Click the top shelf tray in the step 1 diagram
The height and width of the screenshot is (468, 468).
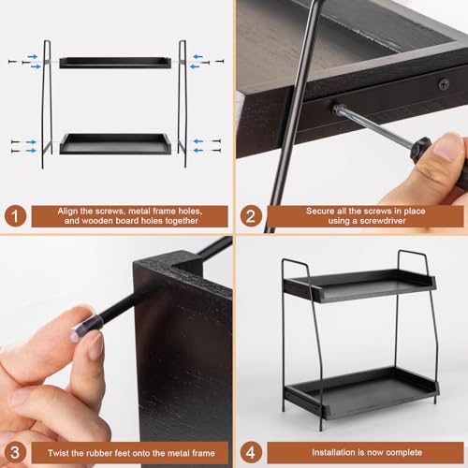(115, 63)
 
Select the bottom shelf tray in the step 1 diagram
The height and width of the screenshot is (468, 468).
(115, 144)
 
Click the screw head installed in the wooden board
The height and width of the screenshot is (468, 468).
(443, 84)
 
